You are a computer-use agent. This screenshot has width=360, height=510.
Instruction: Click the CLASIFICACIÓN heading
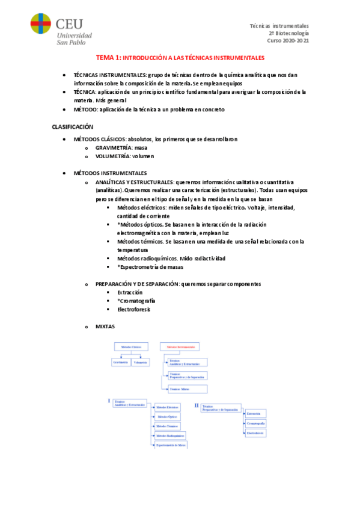click(72, 127)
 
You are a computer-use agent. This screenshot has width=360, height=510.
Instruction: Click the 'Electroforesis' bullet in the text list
click(134, 309)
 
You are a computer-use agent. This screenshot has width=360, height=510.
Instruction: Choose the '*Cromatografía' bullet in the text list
click(136, 301)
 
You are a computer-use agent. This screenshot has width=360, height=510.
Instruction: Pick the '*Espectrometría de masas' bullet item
click(150, 266)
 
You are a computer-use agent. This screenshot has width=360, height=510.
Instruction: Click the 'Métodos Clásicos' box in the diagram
click(130, 347)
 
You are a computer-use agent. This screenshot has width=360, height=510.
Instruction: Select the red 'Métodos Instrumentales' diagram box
click(179, 347)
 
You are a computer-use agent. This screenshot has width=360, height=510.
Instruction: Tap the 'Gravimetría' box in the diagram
click(120, 362)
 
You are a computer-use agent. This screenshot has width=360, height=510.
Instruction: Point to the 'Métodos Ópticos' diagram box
click(168, 416)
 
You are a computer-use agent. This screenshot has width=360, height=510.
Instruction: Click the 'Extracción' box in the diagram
click(254, 414)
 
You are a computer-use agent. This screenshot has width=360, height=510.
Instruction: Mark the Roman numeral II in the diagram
click(197, 405)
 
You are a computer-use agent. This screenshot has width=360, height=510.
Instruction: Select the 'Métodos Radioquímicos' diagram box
click(170, 435)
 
